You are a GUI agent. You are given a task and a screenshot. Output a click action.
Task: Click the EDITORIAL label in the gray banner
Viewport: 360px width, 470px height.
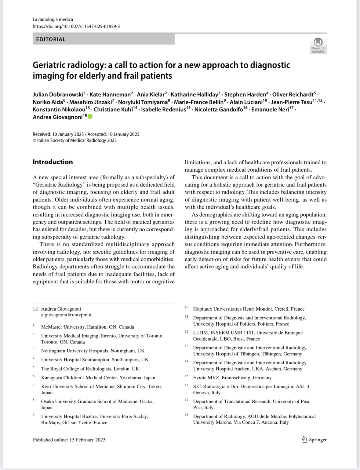(x=51, y=39)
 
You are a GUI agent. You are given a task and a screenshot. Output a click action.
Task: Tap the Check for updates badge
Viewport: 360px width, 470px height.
(x=318, y=45)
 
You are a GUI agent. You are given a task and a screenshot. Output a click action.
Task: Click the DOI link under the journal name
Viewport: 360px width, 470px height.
(x=76, y=27)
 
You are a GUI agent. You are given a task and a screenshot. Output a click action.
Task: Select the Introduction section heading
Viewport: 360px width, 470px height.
(x=53, y=162)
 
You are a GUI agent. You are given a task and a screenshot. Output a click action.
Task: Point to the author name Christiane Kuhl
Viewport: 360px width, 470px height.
(x=113, y=109)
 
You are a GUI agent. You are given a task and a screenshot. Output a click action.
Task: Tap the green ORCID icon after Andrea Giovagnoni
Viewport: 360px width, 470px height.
(x=90, y=117)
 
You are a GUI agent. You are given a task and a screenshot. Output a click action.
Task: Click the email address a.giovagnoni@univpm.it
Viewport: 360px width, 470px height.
(x=66, y=315)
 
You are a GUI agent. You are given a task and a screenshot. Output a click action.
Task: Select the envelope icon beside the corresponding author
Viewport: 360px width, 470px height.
(x=35, y=309)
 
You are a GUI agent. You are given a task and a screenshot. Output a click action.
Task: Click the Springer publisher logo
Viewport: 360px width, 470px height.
(x=314, y=439)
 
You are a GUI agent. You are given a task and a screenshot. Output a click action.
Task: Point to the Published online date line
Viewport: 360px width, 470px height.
(x=69, y=440)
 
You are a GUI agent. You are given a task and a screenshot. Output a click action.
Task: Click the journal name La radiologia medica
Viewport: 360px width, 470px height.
(x=53, y=20)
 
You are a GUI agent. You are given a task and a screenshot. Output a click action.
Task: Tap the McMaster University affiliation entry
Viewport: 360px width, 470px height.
(x=88, y=327)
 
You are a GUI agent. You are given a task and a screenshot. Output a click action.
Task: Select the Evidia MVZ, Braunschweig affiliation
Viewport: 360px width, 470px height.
(x=232, y=377)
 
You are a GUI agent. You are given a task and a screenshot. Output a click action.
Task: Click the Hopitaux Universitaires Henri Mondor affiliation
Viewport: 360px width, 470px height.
(x=249, y=309)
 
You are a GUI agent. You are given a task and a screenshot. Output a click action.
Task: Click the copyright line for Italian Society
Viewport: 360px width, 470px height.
(x=75, y=140)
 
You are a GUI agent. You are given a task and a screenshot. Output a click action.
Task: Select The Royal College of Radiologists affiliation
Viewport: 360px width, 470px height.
(x=90, y=369)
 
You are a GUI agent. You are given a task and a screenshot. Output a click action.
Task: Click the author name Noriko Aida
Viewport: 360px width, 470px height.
(x=48, y=102)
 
